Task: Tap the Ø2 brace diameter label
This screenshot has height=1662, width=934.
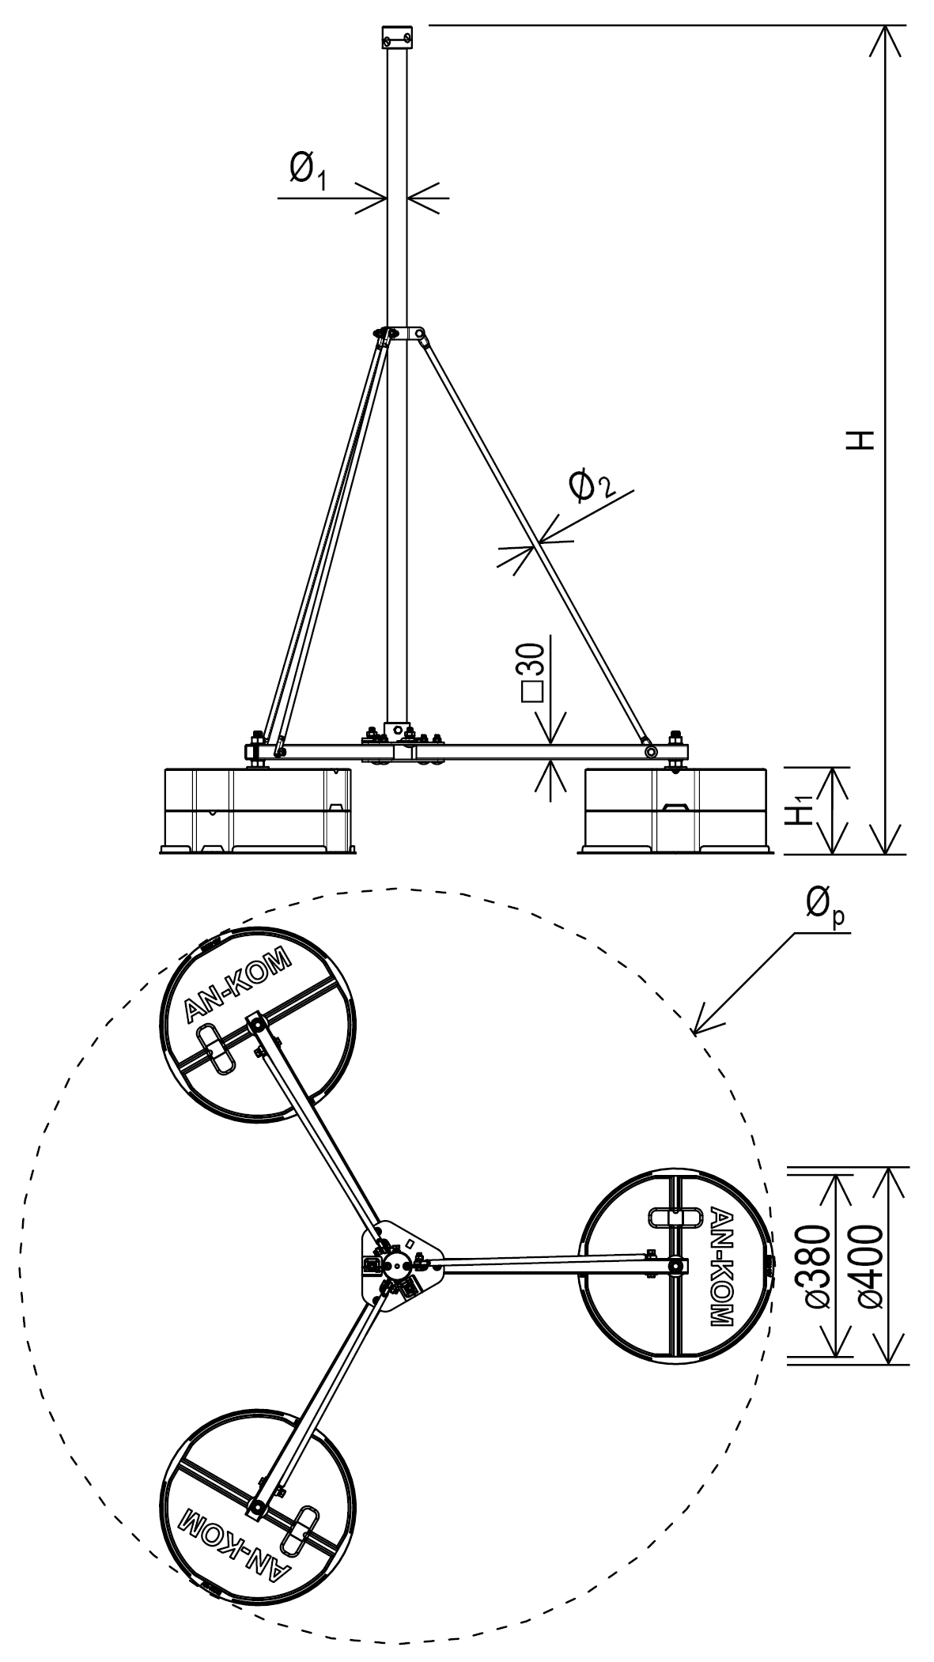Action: [x=591, y=484]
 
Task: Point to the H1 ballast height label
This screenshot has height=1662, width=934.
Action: [x=805, y=811]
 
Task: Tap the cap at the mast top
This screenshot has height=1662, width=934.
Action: [x=397, y=36]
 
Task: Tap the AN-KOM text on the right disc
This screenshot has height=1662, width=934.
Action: [x=722, y=1266]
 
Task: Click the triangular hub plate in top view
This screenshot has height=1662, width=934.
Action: [x=398, y=1266]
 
